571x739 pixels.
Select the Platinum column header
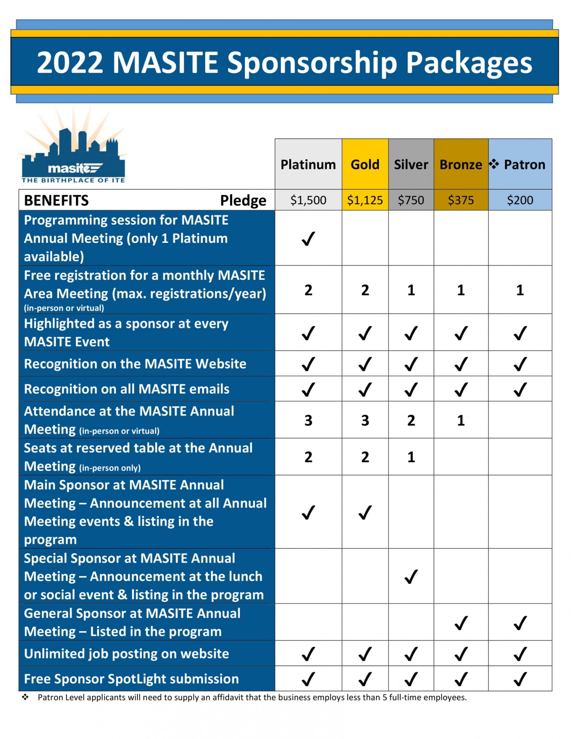[x=308, y=165]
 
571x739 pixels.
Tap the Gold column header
[x=365, y=165]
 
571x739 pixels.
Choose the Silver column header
[x=411, y=165]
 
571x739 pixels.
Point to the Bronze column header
[x=461, y=165]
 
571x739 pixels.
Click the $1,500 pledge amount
[x=308, y=200]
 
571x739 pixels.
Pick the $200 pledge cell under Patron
[x=520, y=200]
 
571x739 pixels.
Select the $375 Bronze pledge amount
[x=461, y=200]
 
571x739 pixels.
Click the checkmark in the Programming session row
[x=308, y=239]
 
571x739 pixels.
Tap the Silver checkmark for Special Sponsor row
[x=411, y=577]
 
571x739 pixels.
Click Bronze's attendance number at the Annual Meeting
[x=461, y=421]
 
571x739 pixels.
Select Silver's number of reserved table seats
[x=411, y=457]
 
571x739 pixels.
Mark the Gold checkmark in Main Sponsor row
[x=365, y=513]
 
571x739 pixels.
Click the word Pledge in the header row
[x=243, y=201]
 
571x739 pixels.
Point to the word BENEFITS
[x=56, y=201]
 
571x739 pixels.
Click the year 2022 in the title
[x=70, y=62]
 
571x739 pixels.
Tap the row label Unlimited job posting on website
[x=126, y=654]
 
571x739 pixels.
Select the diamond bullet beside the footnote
[x=25, y=697]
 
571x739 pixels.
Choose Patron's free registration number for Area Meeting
[x=520, y=290]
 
